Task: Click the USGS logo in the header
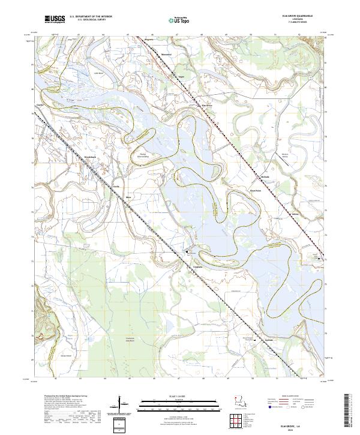(x=53, y=19)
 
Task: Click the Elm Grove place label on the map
(x=207, y=106)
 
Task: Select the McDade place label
(x=248, y=177)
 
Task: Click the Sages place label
(x=181, y=77)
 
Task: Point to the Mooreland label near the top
(x=166, y=55)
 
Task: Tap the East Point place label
(x=255, y=190)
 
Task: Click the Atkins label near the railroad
(x=278, y=213)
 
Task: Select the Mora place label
(x=128, y=197)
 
